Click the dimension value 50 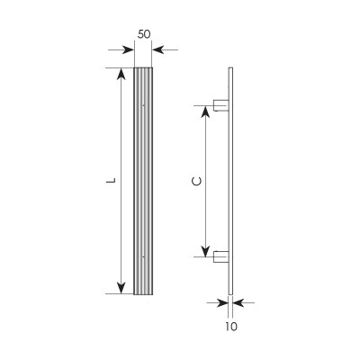[x=144, y=34]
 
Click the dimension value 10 [x=231, y=327]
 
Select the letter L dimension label [x=112, y=181]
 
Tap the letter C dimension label [x=196, y=182]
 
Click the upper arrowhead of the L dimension [x=121, y=74]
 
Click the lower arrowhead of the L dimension [x=121, y=288]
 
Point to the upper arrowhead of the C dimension [x=205, y=112]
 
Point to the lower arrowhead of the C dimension [x=205, y=251]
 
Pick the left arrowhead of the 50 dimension [x=128, y=49]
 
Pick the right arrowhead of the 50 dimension [x=158, y=49]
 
